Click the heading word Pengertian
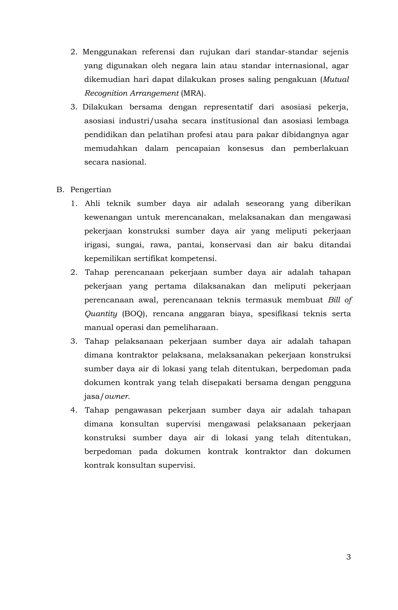point(91,190)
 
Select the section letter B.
point(60,190)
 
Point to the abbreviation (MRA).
point(193,93)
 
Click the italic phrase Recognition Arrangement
point(131,93)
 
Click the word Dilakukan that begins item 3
point(102,107)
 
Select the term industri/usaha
point(148,121)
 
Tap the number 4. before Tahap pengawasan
point(74,410)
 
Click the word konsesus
point(245,148)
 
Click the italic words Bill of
point(340,300)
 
